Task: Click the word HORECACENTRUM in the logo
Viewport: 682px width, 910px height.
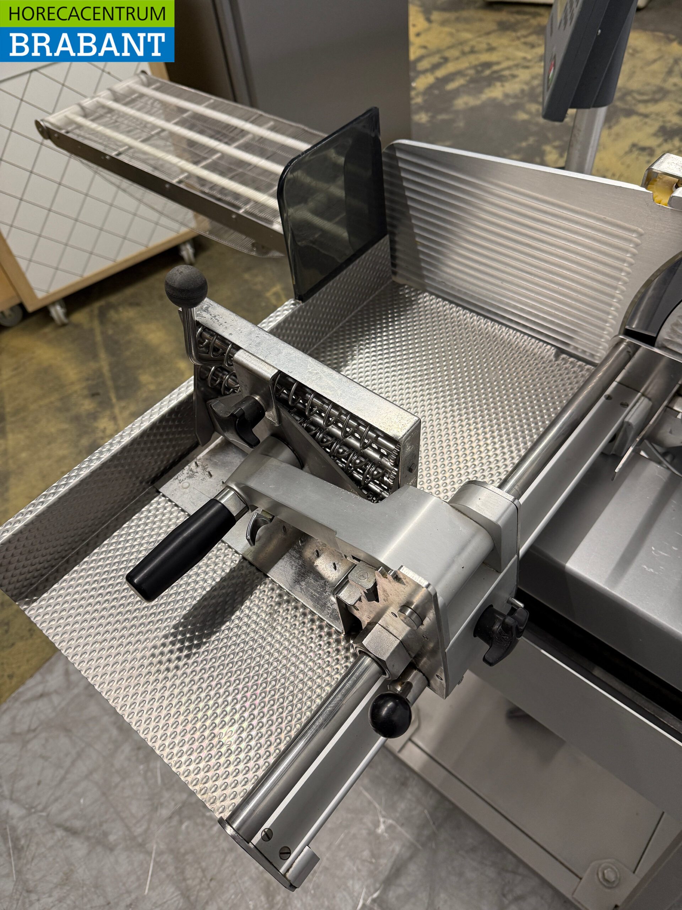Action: (x=87, y=14)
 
